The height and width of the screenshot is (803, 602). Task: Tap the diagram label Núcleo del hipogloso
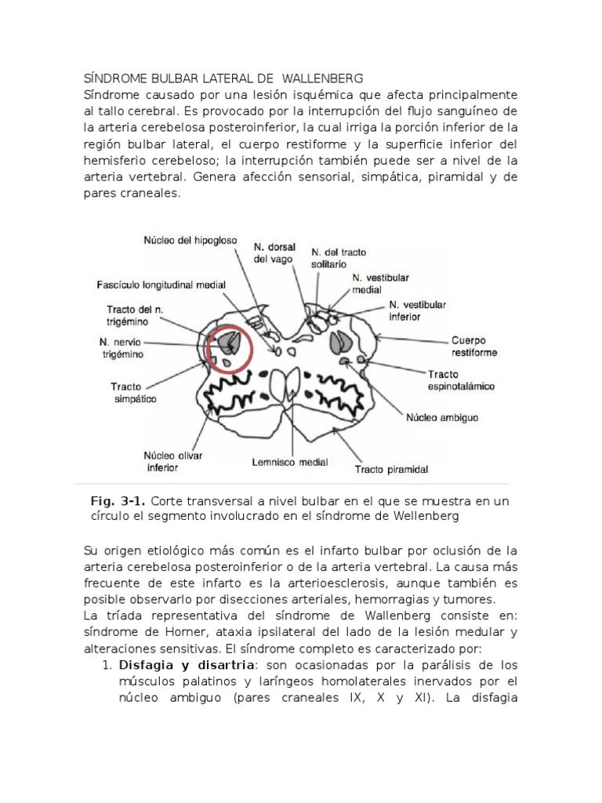click(x=189, y=240)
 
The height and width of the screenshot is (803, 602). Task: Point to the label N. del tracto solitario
click(x=339, y=260)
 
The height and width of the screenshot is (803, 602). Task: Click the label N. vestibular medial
click(x=380, y=284)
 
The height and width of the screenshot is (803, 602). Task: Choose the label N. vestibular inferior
click(x=418, y=311)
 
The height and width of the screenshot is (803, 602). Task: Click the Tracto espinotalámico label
click(x=461, y=380)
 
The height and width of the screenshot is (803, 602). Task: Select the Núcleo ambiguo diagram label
click(x=441, y=417)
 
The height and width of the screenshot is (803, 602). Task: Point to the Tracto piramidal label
click(x=391, y=470)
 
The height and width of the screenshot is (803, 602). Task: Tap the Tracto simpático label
click(x=133, y=392)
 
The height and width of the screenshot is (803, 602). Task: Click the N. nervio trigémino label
click(x=122, y=348)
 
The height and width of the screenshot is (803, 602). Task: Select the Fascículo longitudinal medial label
click(x=161, y=285)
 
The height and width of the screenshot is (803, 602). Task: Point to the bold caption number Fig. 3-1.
click(x=118, y=501)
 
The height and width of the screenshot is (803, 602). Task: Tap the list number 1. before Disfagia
click(x=109, y=664)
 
